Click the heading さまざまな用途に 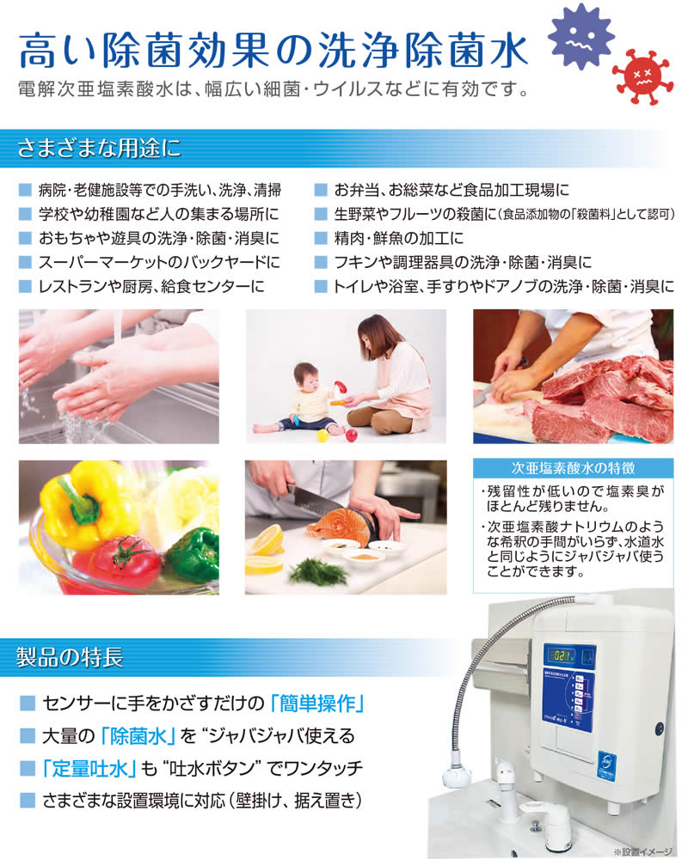100,147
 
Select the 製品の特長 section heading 71,659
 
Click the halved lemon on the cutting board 267,539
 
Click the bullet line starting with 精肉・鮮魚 399,238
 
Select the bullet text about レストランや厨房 150,286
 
